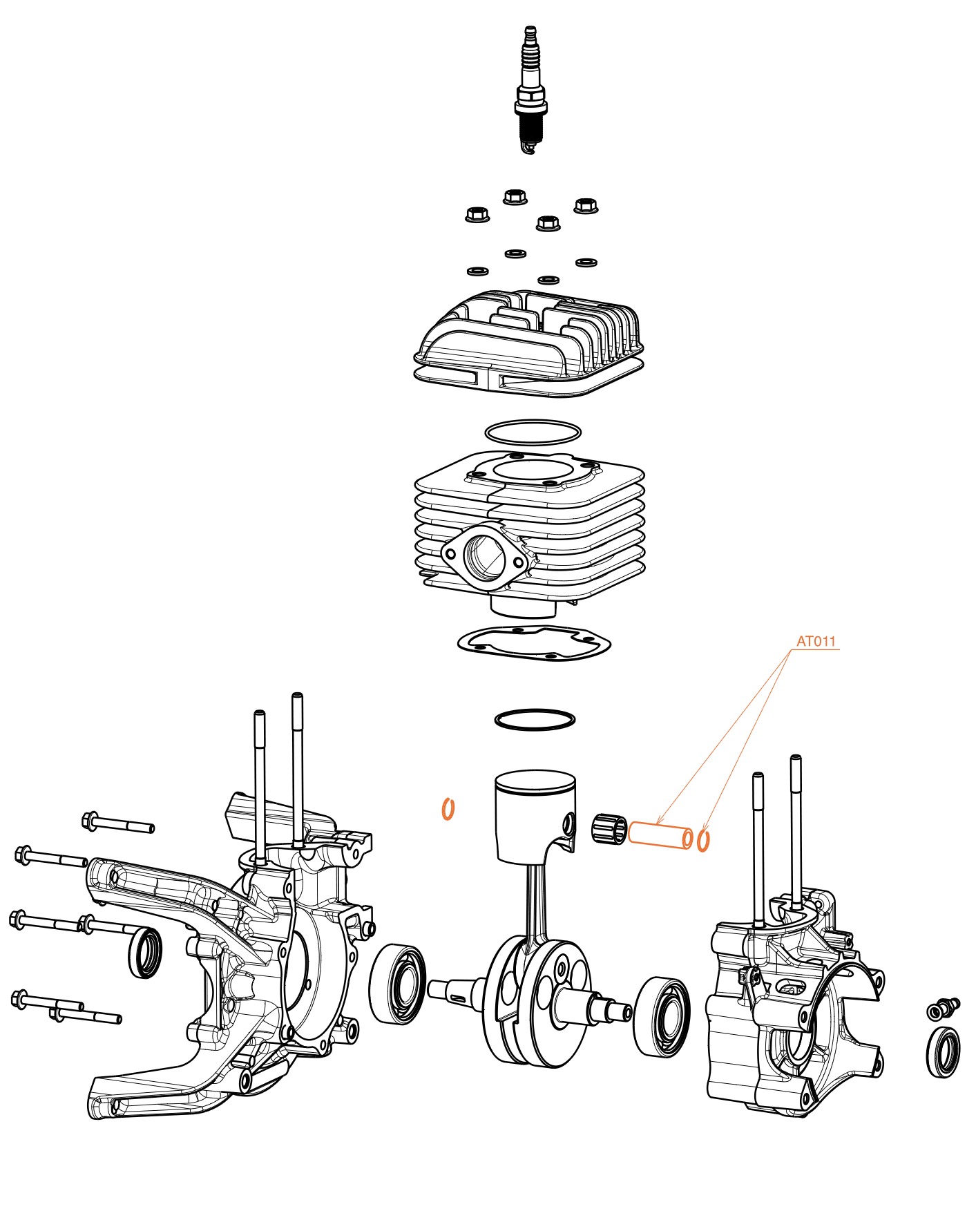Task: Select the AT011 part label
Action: pyautogui.click(x=816, y=642)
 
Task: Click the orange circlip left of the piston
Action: pyautogui.click(x=448, y=808)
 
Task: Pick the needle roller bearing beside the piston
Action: pyautogui.click(x=609, y=828)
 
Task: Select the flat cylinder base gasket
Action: pyautogui.click(x=534, y=643)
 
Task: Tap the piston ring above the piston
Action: pyautogui.click(x=535, y=719)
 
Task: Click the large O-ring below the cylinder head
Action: pyautogui.click(x=533, y=432)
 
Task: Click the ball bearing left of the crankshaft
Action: pyautogui.click(x=398, y=984)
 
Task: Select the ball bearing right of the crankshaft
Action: pyautogui.click(x=662, y=1017)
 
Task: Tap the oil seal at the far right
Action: pyautogui.click(x=943, y=1052)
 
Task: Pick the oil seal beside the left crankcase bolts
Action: pyautogui.click(x=146, y=953)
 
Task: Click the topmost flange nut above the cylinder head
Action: pyautogui.click(x=515, y=196)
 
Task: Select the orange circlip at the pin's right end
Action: pyautogui.click(x=703, y=841)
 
